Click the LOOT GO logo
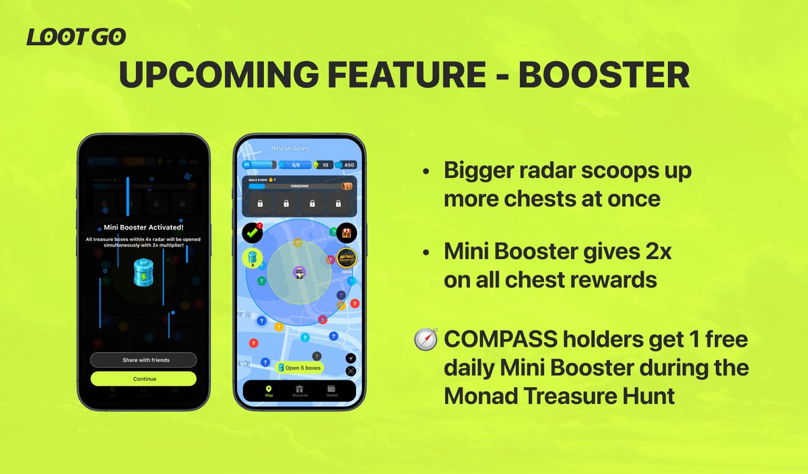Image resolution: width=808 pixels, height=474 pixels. point(76,38)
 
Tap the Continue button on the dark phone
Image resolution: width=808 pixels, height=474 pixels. point(143,379)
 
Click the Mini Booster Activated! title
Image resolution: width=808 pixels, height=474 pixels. point(143,227)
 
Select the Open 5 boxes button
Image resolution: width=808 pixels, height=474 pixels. point(299,368)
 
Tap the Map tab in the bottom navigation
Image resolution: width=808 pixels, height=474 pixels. point(269,391)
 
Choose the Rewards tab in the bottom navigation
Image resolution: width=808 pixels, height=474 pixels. point(300,391)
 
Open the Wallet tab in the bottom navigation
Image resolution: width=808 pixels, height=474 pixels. point(331,391)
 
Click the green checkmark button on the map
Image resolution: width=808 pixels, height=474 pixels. point(252,233)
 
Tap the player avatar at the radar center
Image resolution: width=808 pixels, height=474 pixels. point(299,271)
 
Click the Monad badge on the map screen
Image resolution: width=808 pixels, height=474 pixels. point(346,259)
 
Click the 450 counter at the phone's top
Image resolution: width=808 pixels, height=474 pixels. point(347,164)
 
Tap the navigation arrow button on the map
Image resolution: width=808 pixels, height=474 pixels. point(351,359)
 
